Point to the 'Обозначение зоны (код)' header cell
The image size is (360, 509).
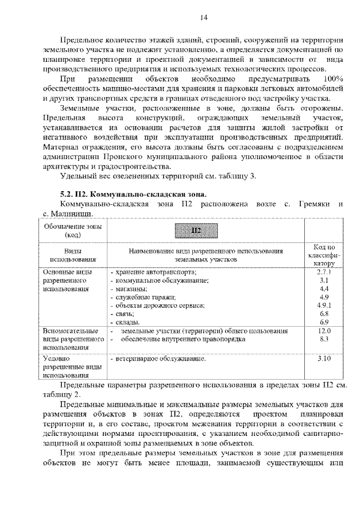click(x=73, y=229)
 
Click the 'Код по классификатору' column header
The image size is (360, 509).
click(x=324, y=255)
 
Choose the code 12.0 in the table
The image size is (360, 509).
click(x=324, y=332)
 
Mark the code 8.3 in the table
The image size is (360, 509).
click(x=324, y=340)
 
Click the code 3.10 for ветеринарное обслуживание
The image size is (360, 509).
click(x=324, y=358)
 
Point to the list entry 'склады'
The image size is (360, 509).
click(x=127, y=322)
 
